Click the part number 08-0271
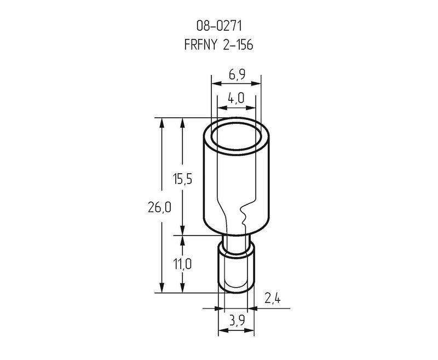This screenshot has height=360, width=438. pos(219,26)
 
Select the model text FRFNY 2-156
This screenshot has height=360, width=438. pos(218,44)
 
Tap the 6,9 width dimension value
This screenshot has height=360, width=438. pos(237,75)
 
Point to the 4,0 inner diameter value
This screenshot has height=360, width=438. pos(236,98)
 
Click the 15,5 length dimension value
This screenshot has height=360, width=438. pos(182,179)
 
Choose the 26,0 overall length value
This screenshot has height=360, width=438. pos(159,207)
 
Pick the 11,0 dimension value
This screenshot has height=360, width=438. pos(182,264)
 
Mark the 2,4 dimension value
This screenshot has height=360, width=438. pos(272,299)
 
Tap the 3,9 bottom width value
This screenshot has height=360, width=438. pos(237,321)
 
